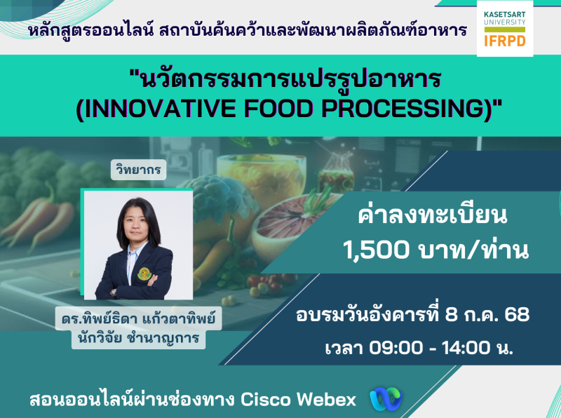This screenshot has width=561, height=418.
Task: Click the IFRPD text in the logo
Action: tap(504, 41)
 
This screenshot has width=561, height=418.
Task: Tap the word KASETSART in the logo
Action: tap(504, 15)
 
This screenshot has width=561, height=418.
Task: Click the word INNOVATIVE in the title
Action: tap(161, 109)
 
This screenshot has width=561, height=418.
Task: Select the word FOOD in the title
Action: tap(278, 109)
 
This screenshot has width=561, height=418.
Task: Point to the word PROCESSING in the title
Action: tap(403, 109)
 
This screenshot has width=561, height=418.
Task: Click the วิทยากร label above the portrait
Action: tap(138, 170)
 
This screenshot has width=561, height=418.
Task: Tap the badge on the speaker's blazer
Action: tap(144, 274)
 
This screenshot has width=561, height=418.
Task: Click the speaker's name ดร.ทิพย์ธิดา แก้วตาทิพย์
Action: tap(138, 318)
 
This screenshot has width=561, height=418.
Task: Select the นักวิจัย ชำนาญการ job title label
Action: tap(138, 337)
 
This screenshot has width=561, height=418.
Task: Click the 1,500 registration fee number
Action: tap(376, 250)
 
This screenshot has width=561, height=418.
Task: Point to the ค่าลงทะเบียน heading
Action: tap(433, 215)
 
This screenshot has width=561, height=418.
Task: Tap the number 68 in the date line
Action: tap(517, 315)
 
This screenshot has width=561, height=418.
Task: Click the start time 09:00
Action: tap(396, 347)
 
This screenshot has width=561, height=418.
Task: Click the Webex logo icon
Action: tap(386, 398)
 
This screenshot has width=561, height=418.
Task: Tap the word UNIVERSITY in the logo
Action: tap(504, 22)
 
